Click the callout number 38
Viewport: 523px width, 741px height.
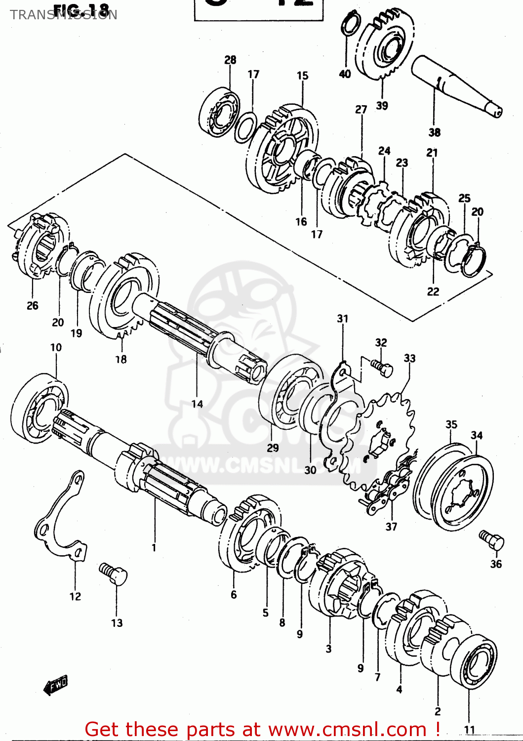coord(434,132)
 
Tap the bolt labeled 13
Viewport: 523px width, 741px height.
coord(114,574)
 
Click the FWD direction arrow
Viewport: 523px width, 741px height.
coord(56,685)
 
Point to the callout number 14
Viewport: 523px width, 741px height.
coord(197,404)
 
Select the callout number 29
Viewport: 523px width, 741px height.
coord(273,448)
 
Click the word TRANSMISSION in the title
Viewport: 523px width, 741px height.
coord(64,15)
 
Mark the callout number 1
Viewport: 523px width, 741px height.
coord(154,547)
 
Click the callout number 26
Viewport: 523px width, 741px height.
coord(33,306)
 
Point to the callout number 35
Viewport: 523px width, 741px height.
coord(451,424)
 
